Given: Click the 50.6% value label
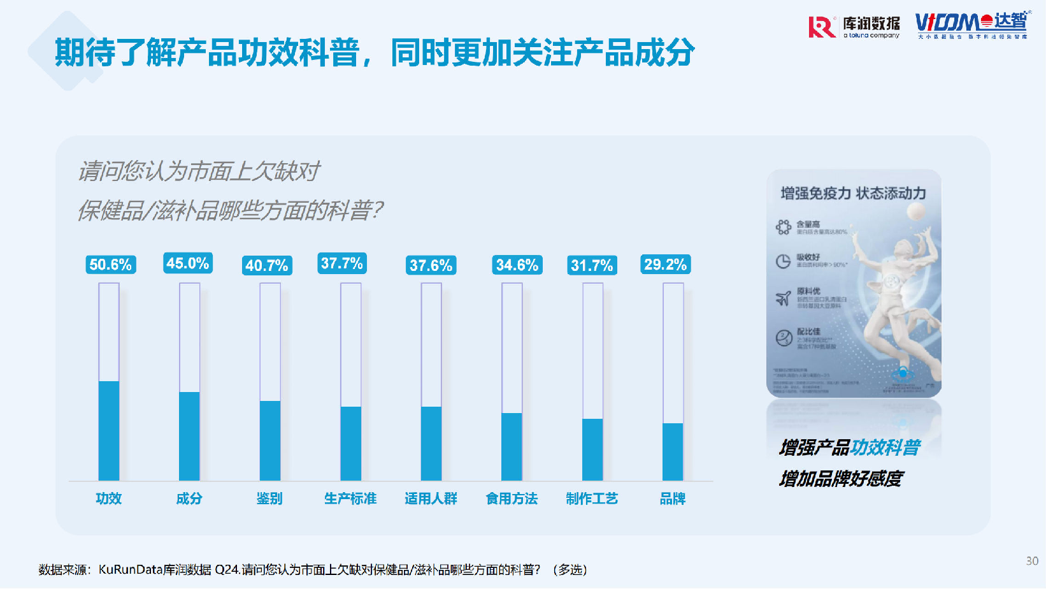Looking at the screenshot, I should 110,265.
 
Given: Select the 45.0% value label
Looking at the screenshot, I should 188,263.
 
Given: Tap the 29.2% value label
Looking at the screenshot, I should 665,265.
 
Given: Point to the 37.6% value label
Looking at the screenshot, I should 431,265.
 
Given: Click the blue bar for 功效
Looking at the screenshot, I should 109,430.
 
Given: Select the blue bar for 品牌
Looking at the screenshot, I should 673,451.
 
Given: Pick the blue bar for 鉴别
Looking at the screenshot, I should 270,440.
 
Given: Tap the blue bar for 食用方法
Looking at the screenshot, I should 512,446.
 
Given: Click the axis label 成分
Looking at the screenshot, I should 189,498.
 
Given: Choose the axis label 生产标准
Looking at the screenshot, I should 350,498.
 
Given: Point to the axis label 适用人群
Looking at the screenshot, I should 431,498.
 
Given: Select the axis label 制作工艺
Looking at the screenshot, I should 592,498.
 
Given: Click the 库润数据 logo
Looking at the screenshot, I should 854,27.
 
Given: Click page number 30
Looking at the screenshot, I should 1032,561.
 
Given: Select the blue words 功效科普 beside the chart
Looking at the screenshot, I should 885,447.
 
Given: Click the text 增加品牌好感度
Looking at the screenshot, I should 841,479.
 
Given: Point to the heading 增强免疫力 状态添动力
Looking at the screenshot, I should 853,193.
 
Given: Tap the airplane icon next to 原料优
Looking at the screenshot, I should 783,298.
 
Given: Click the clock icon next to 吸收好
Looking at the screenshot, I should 783,261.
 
